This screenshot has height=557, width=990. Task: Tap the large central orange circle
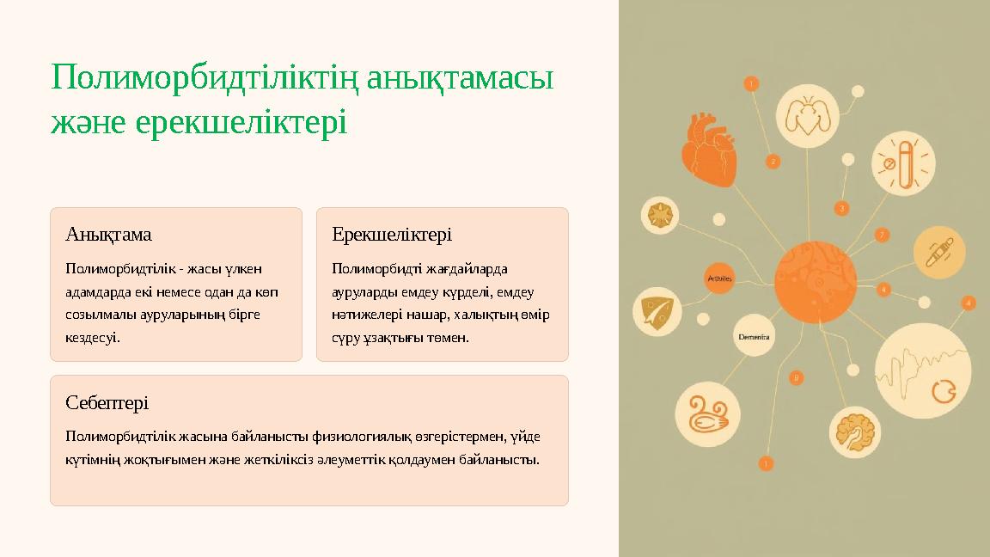tap(815, 282)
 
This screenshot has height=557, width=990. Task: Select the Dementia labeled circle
tap(754, 337)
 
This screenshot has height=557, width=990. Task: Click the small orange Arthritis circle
tap(719, 278)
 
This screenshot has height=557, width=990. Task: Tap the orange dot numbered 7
tap(882, 235)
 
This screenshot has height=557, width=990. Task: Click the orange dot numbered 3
tap(842, 208)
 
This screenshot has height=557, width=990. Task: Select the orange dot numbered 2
tap(773, 161)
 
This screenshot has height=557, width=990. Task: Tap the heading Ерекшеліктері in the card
tap(392, 235)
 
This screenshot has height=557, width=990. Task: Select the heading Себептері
tap(107, 402)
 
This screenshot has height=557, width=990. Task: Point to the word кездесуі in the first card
tap(93, 338)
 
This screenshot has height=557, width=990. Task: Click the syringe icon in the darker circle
tap(938, 252)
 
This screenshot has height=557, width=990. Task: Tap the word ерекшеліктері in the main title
tap(241, 123)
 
